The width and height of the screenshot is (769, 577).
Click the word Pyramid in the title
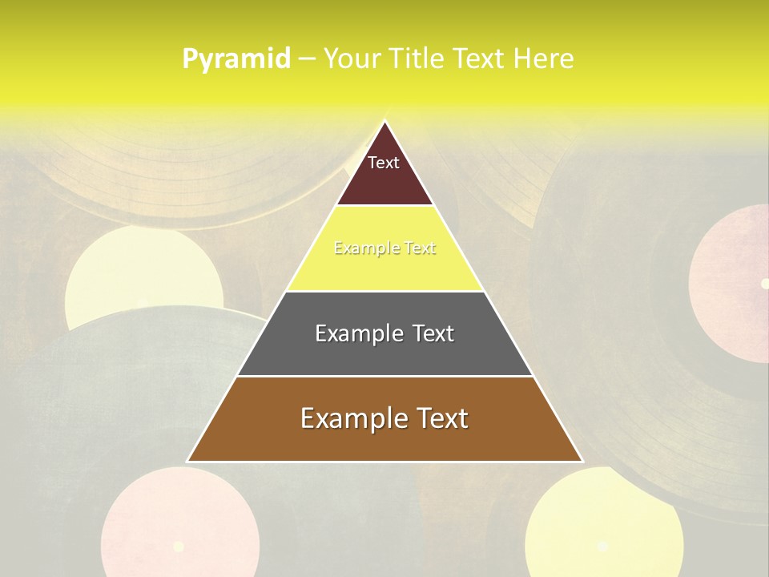click(236, 59)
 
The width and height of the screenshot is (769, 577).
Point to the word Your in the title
click(352, 59)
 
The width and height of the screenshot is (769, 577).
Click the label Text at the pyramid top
click(384, 163)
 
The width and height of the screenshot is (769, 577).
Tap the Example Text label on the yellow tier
click(384, 248)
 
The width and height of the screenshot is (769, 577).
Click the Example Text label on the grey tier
click(384, 333)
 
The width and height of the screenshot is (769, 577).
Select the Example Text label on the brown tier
click(384, 418)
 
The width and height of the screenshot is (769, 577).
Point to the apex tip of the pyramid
click(384, 122)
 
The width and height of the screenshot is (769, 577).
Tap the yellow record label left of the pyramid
click(144, 280)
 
